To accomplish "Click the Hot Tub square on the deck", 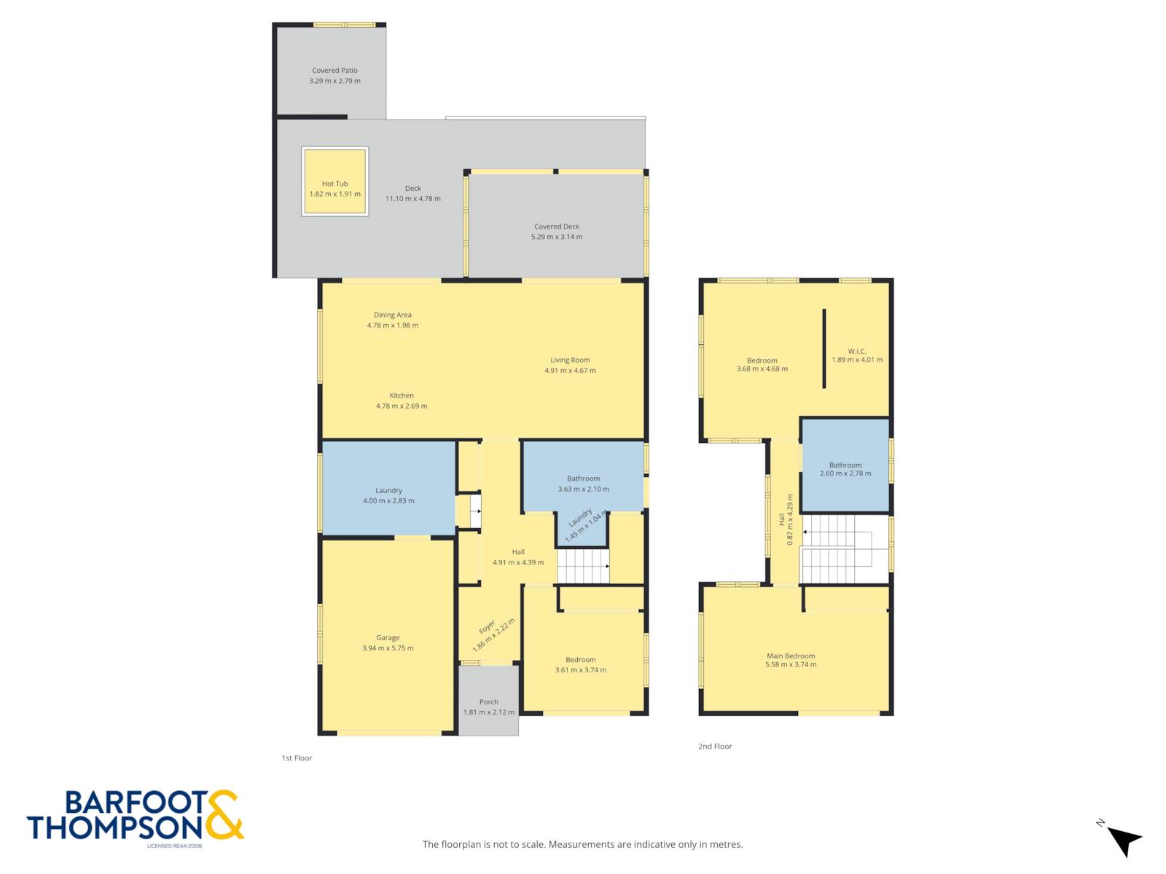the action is click(x=334, y=181).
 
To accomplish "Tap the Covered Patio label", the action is click(x=334, y=70).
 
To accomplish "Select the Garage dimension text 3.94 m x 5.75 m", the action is click(x=388, y=648).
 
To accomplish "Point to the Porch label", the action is click(x=489, y=701).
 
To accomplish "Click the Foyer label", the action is click(x=487, y=626).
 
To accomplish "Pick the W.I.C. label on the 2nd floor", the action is click(x=857, y=351).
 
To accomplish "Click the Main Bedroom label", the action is click(x=791, y=656).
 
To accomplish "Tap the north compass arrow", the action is click(x=1124, y=840).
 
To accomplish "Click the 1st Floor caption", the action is click(x=297, y=757).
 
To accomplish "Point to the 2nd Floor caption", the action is click(x=715, y=746).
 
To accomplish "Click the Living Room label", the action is click(x=570, y=360).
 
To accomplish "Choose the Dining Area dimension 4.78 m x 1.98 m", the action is click(x=393, y=326).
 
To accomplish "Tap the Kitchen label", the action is click(x=402, y=395).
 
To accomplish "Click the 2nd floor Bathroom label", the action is click(x=845, y=465).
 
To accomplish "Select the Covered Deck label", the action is click(x=557, y=226).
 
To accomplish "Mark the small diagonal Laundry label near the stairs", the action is click(x=579, y=517).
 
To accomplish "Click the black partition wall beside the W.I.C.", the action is click(x=824, y=349).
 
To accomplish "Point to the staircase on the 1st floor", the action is click(x=583, y=566).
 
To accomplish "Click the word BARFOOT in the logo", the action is click(x=136, y=803).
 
